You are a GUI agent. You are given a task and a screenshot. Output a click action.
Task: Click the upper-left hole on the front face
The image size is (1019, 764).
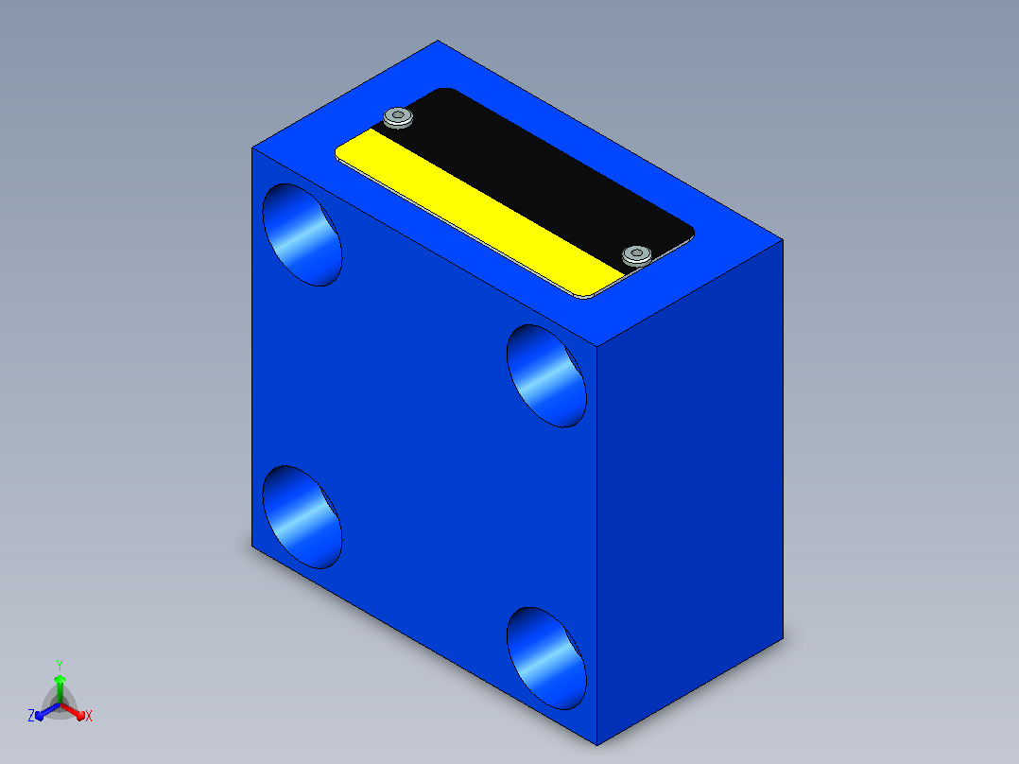tap(302, 234)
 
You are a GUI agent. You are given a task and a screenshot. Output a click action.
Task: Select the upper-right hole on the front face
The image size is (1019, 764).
tap(546, 375)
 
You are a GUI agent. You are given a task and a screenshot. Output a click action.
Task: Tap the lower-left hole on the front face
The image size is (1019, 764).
tap(302, 517)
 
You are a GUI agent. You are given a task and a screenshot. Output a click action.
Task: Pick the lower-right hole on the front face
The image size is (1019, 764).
tap(546, 658)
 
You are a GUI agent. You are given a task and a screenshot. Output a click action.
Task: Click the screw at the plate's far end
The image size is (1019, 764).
tap(398, 117)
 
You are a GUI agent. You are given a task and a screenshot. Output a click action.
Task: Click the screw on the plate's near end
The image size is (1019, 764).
tap(637, 255)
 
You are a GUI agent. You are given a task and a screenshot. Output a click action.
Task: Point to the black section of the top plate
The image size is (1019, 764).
tap(533, 176)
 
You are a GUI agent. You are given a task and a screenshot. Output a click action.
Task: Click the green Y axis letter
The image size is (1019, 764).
tap(60, 666)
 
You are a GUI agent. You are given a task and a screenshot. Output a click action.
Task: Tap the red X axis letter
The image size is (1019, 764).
tap(89, 716)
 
